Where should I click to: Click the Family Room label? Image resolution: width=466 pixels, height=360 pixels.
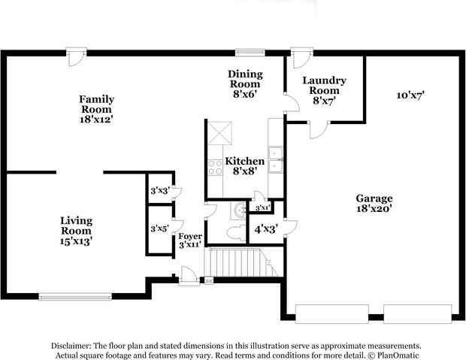[x=96, y=108]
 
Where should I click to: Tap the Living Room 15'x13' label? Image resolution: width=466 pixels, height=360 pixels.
[x=76, y=231]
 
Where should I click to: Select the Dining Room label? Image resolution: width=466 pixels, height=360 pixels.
[x=246, y=84]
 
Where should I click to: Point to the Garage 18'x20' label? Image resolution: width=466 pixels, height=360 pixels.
[x=374, y=204]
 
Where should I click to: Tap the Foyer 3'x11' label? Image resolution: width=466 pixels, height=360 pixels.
[x=189, y=241]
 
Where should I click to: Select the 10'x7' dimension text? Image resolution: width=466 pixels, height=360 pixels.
[x=411, y=95]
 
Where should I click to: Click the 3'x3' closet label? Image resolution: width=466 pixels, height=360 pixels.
[x=159, y=191]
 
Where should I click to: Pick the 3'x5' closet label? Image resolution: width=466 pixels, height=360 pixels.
[x=159, y=228]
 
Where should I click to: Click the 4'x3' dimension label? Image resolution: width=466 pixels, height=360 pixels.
[x=266, y=228]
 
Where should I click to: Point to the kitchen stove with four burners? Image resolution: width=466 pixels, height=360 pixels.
[x=215, y=166]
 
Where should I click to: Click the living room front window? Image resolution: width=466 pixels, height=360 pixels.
[x=77, y=297]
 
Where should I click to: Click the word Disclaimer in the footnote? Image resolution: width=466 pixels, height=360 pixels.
[x=71, y=344]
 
